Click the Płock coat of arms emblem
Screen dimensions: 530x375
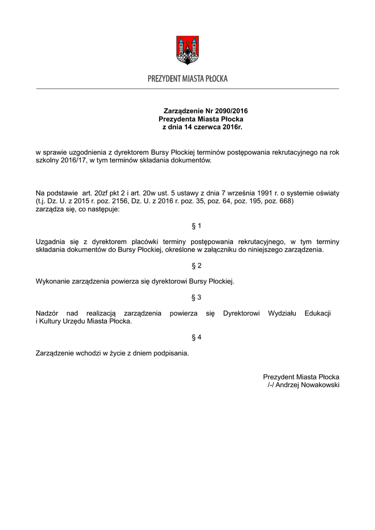tap(187, 50)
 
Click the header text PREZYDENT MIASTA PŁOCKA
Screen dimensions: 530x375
tap(187, 79)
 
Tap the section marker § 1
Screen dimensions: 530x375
tap(196, 226)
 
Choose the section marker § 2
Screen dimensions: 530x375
tap(196, 266)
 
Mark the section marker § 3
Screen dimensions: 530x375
tap(196, 298)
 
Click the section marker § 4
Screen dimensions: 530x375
tap(196, 337)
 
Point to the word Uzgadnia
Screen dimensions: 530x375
tap(50, 241)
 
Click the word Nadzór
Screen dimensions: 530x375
tap(47, 314)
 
